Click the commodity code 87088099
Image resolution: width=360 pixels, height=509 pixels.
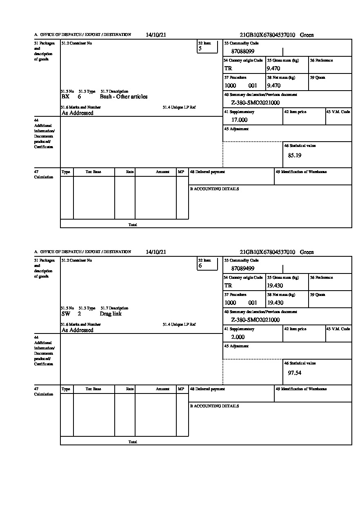click(x=243, y=51)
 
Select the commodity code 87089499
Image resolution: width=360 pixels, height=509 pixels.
click(x=243, y=269)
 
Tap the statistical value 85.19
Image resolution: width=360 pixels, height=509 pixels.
click(x=295, y=155)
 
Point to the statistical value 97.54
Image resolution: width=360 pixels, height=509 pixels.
click(x=295, y=372)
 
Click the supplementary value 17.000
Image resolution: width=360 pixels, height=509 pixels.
click(x=239, y=120)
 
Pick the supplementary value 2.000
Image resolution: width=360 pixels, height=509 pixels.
click(x=238, y=337)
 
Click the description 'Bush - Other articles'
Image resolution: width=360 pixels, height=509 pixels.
click(x=124, y=97)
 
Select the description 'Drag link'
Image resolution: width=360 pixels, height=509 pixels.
click(x=111, y=314)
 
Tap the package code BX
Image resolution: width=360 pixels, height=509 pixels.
click(x=65, y=97)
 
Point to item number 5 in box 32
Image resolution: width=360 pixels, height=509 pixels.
click(x=200, y=49)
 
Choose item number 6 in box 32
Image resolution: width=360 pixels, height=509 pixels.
click(x=200, y=266)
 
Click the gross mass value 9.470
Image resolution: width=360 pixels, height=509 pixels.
click(x=273, y=69)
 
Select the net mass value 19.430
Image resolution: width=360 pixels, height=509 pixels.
click(x=275, y=303)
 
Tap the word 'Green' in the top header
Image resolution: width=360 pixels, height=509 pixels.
click(x=307, y=35)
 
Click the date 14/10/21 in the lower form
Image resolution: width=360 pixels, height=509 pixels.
click(x=156, y=252)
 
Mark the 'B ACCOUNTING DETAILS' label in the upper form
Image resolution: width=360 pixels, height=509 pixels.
click(x=214, y=189)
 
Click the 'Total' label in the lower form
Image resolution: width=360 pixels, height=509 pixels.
click(x=133, y=442)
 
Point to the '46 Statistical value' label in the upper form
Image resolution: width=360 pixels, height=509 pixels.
click(x=300, y=146)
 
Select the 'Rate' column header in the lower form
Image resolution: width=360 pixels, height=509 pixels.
click(x=130, y=389)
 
